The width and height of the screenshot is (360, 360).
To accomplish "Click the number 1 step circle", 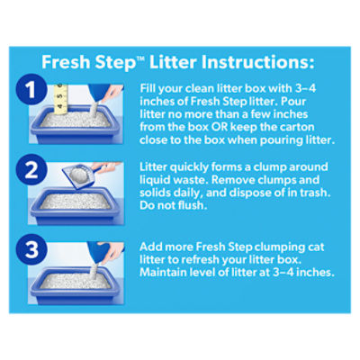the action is pyautogui.click(x=31, y=89).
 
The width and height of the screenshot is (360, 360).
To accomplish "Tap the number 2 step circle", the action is pyautogui.click(x=31, y=169).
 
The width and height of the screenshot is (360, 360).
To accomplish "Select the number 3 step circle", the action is pyautogui.click(x=31, y=250).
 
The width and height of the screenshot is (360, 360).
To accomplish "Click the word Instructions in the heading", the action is pyautogui.click(x=257, y=62).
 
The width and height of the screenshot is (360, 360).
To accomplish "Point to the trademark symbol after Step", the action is pyautogui.click(x=141, y=58).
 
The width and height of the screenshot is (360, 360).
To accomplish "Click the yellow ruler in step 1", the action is pyautogui.click(x=61, y=99).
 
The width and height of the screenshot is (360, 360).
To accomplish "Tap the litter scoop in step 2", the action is pyautogui.click(x=81, y=176).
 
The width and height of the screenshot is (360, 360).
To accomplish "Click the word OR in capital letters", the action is pyautogui.click(x=220, y=127).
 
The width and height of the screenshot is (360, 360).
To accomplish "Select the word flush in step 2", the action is pyautogui.click(x=192, y=205).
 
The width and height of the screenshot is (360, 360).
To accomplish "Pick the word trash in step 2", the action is pyautogui.click(x=315, y=193).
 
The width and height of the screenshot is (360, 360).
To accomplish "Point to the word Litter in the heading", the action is pyautogui.click(x=173, y=62).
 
